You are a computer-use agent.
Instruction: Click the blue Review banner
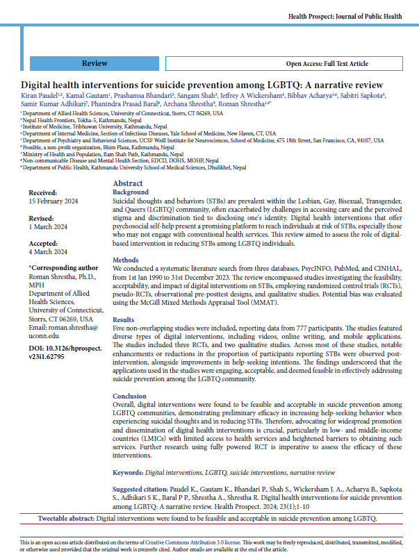point(95,63)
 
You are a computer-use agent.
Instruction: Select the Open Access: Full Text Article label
point(327,64)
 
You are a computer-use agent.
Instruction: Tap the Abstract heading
point(128,183)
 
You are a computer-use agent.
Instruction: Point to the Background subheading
point(131,192)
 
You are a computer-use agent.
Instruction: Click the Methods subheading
point(126,258)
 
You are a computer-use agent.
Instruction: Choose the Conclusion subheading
point(131,396)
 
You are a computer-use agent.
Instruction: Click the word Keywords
point(128,472)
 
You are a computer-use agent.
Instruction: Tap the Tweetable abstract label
point(65,519)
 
